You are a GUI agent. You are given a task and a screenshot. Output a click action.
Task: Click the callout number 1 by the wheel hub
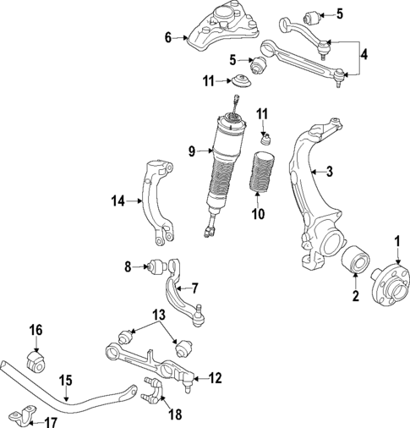pos(396,243)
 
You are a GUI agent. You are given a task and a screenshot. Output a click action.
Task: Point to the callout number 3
pos(331,172)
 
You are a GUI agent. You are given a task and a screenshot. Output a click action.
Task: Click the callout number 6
pos(167,36)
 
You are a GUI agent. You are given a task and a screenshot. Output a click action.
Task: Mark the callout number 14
pos(118,200)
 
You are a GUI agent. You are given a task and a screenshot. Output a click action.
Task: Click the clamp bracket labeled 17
pos(20,415)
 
